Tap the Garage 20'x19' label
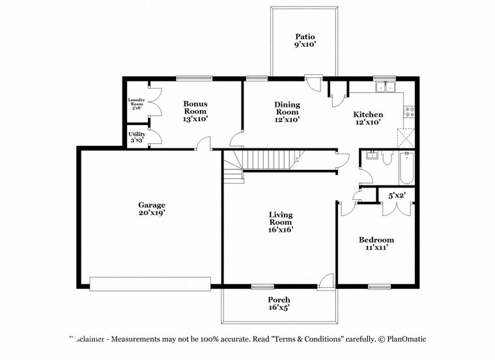tap(150, 208)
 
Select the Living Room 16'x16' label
tap(281, 222)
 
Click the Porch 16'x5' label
tap(279, 303)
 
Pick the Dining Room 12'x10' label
tap(287, 111)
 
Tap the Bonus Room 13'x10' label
tap(195, 111)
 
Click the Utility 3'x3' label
tap(137, 137)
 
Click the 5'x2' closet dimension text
tap(396, 195)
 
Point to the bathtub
tap(407, 167)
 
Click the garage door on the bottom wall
tap(150, 283)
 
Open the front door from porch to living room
tap(326, 281)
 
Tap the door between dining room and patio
tap(313, 83)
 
